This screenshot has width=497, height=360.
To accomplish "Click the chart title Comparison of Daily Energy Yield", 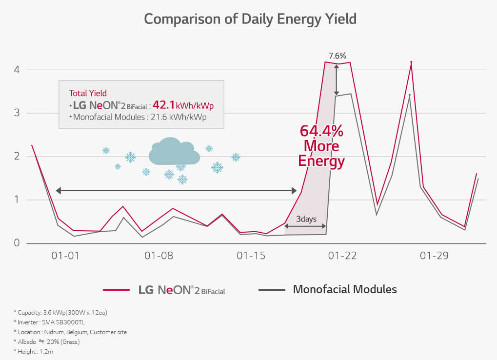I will click(250, 19).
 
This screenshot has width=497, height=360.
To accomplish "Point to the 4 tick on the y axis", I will click(16, 69).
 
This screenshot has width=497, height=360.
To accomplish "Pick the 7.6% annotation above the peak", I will click(337, 56).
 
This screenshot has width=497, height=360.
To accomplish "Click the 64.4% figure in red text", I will click(321, 131).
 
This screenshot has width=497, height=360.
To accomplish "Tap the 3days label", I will click(306, 219).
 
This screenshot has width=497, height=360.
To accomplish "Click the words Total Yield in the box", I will click(88, 93).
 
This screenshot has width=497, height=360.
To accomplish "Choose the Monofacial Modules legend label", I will click(345, 289).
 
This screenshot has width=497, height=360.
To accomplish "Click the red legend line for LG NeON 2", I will click(116, 290).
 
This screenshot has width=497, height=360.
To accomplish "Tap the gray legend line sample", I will click(271, 290).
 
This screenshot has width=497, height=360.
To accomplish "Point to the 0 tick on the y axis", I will click(16, 243).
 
